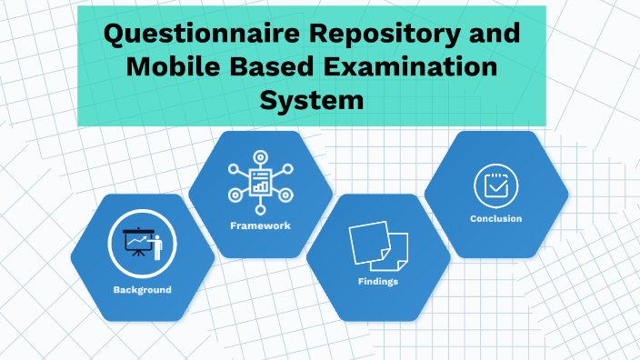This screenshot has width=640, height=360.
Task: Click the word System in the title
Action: (312, 97)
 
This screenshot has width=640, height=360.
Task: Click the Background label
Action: (142, 290)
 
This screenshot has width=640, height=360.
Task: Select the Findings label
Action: (378, 282)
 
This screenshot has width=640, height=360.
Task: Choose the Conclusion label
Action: (495, 219)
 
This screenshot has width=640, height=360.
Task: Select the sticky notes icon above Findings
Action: (378, 244)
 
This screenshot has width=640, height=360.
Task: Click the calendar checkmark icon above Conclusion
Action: (496, 185)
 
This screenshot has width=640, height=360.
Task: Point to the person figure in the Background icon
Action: (155, 243)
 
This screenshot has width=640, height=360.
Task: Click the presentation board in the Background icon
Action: (137, 239)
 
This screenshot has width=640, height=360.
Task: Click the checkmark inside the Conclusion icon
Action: (496, 186)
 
